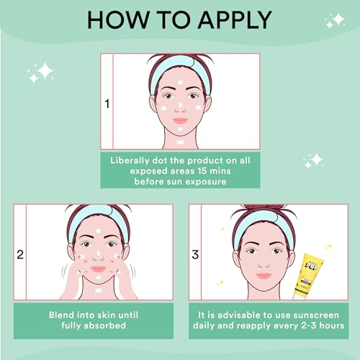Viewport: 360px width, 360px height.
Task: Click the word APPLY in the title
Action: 235,20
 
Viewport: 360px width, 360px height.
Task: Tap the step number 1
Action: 107,104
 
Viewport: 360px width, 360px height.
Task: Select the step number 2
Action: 20,254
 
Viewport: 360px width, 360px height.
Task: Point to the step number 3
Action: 195,254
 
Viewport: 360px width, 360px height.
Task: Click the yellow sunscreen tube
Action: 308,276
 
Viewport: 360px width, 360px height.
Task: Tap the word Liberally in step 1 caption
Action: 130,161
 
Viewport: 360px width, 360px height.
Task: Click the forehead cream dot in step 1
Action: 180,83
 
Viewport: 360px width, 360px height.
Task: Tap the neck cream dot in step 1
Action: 180,143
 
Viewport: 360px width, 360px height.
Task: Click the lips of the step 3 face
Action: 264,276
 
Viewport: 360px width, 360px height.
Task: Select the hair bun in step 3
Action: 263,208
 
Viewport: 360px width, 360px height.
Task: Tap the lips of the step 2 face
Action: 98,269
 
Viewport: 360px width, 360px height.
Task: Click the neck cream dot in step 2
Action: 98,291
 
